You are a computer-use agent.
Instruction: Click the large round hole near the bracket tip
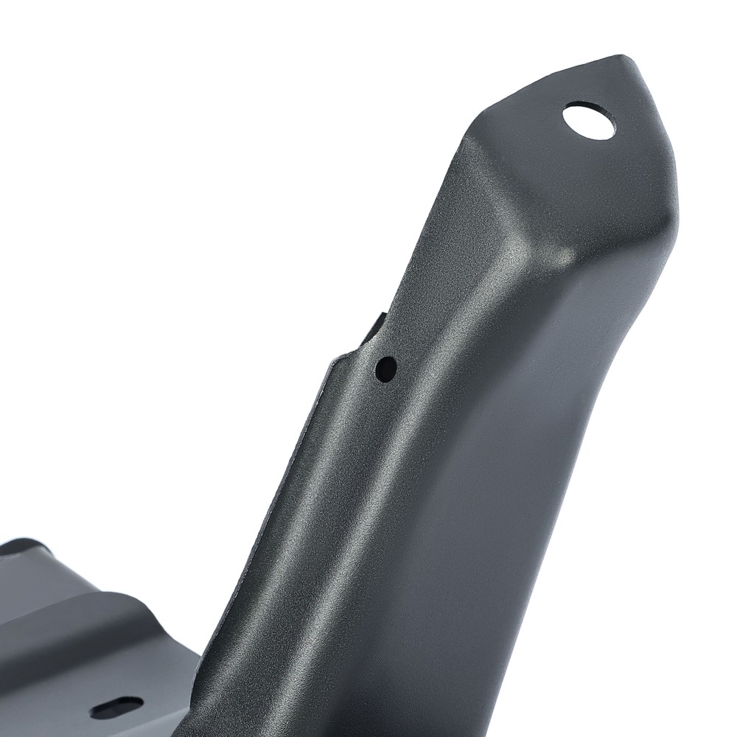(x=589, y=120)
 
